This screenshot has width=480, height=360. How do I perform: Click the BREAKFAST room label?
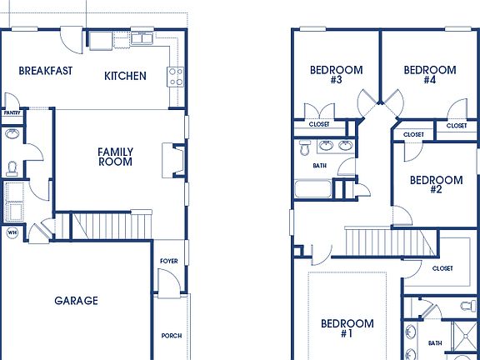point(45,71)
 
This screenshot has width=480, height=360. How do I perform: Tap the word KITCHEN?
point(125,76)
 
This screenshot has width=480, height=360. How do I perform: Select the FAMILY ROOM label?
point(115,157)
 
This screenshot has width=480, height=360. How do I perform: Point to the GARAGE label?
point(76,301)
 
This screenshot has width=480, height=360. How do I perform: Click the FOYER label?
point(168,261)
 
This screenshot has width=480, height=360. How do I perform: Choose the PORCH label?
point(171,336)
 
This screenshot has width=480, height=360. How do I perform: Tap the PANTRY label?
point(12,112)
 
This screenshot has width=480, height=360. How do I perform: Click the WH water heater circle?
point(12,232)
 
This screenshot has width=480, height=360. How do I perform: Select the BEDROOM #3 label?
point(336,75)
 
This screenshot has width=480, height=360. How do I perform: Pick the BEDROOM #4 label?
point(429,75)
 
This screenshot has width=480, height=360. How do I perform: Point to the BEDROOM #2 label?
point(435,184)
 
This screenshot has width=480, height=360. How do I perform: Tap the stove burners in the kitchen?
point(176,77)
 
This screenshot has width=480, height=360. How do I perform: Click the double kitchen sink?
point(142,38)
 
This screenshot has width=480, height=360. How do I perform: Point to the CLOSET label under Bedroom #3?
point(319,124)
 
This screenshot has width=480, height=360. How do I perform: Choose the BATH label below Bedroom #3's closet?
point(320,165)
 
